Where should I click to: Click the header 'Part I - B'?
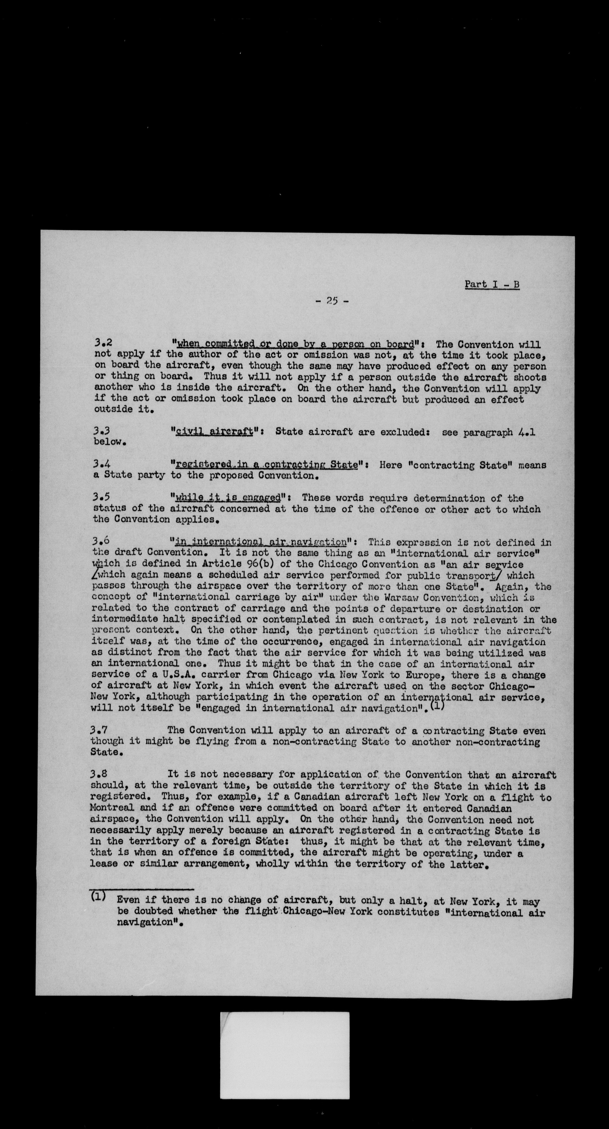492,284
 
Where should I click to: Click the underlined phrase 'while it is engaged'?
228,498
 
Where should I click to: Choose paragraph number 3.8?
99,775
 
